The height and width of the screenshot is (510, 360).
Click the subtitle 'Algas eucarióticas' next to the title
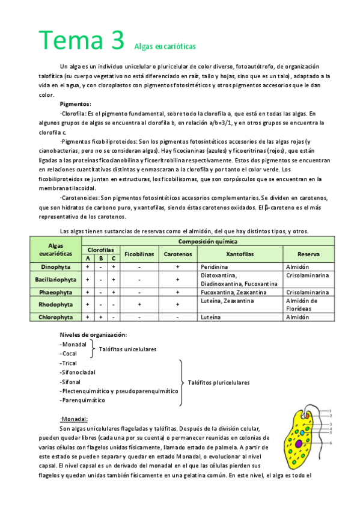tap(162, 46)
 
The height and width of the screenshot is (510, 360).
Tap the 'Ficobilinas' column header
tap(139, 254)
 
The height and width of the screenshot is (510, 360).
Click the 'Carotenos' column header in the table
tap(177, 254)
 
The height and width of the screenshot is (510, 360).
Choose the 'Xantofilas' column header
tap(240, 254)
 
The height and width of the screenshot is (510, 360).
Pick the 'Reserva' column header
tap(308, 254)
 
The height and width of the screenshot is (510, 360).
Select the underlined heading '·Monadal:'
tap(75, 419)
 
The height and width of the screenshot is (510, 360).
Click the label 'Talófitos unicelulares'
tap(127, 349)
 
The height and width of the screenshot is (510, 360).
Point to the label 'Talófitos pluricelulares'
tap(218, 382)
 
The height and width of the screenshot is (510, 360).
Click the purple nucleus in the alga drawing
tap(299, 444)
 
